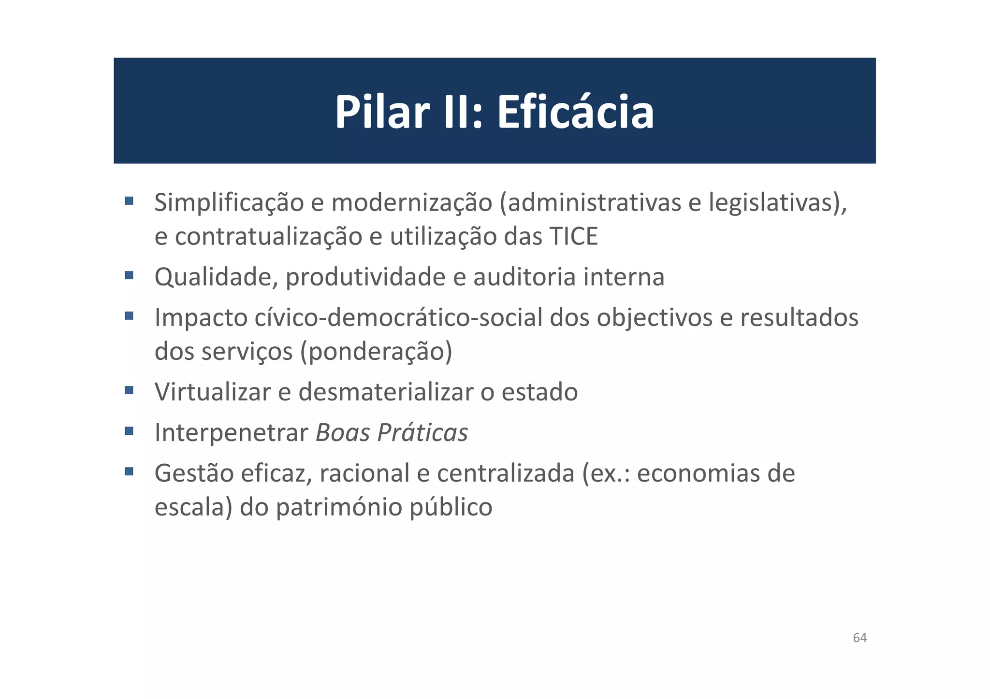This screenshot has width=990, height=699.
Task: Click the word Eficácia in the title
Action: coord(575,112)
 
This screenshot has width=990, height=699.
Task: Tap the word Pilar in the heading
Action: coord(382,112)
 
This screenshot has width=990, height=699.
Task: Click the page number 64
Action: coord(859,638)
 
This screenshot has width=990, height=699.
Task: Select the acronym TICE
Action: coord(574,237)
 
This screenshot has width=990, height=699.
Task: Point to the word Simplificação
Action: coord(229,202)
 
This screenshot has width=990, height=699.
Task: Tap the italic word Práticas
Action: coord(422,432)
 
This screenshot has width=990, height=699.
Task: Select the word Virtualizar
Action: coord(212,392)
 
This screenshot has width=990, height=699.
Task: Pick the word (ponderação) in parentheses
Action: coord(376,352)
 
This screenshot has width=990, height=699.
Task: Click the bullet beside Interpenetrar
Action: coord(129,430)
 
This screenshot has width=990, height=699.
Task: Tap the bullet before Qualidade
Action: coord(129,275)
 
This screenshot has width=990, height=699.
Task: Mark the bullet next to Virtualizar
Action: coord(129,390)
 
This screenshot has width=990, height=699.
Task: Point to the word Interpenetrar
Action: coord(231,432)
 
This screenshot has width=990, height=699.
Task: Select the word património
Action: coord(339,507)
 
